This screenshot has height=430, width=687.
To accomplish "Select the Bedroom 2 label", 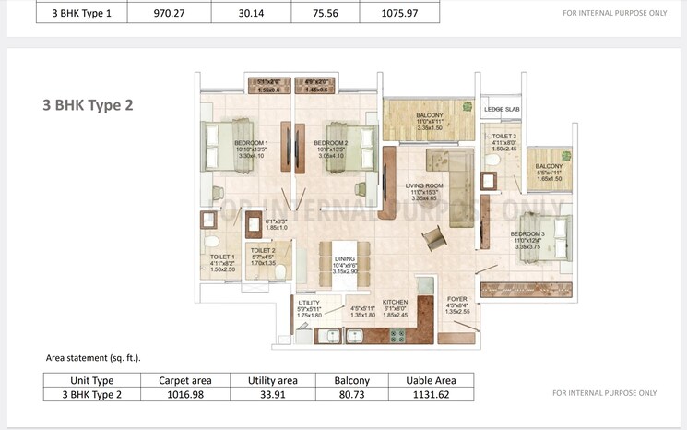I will tap(330, 143).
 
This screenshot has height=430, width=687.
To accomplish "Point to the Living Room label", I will tap(425, 185).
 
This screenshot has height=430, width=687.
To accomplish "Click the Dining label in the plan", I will tap(344, 259).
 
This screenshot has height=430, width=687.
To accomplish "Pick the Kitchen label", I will tap(395, 302).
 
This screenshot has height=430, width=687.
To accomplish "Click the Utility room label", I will tap(308, 302).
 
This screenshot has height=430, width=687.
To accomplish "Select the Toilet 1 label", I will tap(221, 257).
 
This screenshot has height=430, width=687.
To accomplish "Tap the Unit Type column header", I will tap(92, 380).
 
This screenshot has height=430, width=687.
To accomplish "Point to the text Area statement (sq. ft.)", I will tap(93, 356).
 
